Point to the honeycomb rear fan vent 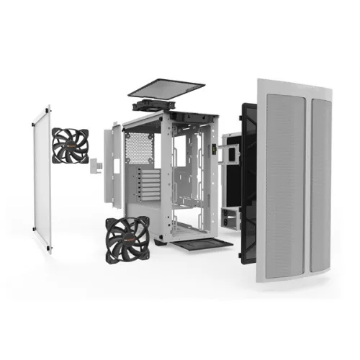pyautogui.click(x=135, y=148)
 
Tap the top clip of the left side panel pyautogui.click(x=50, y=109)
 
